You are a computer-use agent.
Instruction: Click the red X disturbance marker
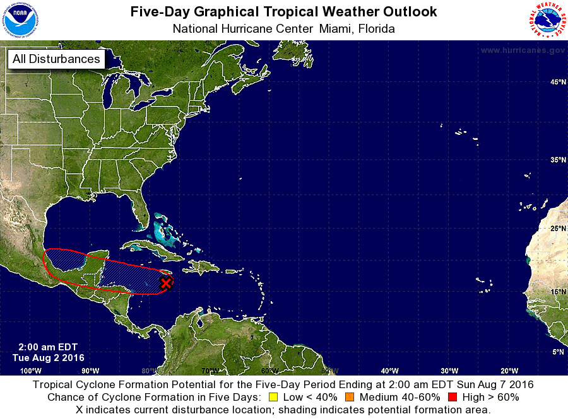click(165, 283)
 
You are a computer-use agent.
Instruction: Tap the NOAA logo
click(20, 20)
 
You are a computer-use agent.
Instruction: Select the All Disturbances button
click(56, 59)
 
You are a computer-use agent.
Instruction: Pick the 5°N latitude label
click(558, 352)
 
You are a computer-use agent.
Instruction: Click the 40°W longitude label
click(389, 370)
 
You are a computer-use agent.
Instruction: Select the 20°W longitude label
click(509, 370)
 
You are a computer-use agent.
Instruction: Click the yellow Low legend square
click(273, 397)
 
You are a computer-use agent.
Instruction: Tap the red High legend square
click(452, 397)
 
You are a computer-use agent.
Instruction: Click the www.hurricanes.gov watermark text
click(522, 50)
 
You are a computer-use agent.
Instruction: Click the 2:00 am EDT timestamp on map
click(43, 347)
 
